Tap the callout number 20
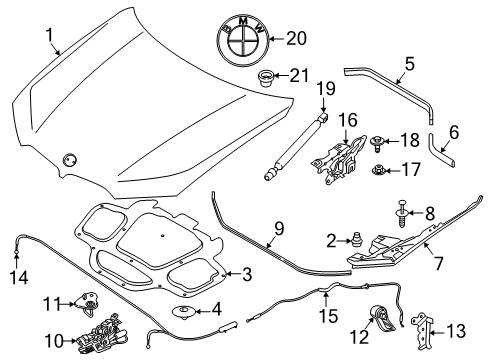[x=296, y=39]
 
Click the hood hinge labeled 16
[x=338, y=158]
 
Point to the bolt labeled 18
[x=377, y=143]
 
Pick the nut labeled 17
[x=379, y=170]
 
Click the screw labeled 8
[x=403, y=213]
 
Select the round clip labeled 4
[x=183, y=312]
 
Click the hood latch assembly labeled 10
[x=101, y=334]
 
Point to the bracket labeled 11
[x=86, y=302]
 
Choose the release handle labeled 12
[x=382, y=319]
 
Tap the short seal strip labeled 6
[x=439, y=150]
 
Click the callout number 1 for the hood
[x=50, y=35]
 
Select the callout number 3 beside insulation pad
[x=247, y=275]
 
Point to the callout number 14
[x=19, y=277]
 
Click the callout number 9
[x=279, y=229]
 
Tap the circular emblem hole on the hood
[x=69, y=160]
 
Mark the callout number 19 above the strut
[x=326, y=89]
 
